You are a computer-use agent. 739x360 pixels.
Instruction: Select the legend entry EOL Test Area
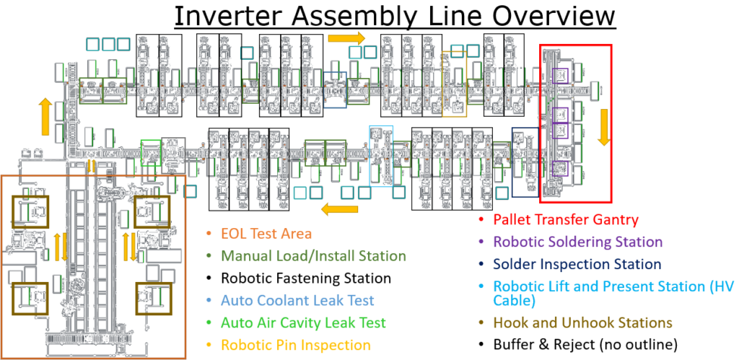266,233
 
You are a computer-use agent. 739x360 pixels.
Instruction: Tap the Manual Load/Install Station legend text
313,255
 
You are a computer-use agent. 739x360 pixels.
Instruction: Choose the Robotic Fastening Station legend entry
306,278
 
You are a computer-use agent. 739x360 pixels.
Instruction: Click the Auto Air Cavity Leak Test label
303,322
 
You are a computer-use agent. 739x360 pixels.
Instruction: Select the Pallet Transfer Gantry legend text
567,219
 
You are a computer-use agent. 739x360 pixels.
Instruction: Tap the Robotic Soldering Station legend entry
577,242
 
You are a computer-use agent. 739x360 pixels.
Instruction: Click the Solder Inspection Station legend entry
577,264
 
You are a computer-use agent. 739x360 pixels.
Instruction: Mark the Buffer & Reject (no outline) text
586,345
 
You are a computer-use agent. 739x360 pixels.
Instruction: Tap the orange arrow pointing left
339,210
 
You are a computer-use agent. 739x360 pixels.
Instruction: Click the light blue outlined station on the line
381,154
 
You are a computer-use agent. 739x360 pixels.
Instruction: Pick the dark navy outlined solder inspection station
525,162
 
